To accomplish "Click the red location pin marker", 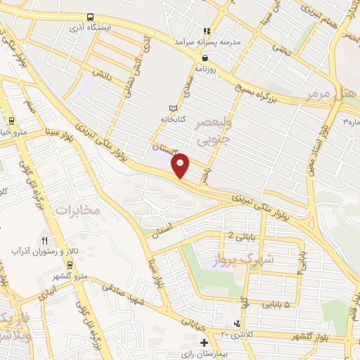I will pyautogui.click(x=181, y=165).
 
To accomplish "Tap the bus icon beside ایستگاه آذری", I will pyautogui.click(x=90, y=17).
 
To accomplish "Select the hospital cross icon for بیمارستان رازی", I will pyautogui.click(x=204, y=343).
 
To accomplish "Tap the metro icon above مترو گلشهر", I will pyautogui.click(x=70, y=264).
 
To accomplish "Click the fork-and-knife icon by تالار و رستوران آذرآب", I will pyautogui.click(x=44, y=240).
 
